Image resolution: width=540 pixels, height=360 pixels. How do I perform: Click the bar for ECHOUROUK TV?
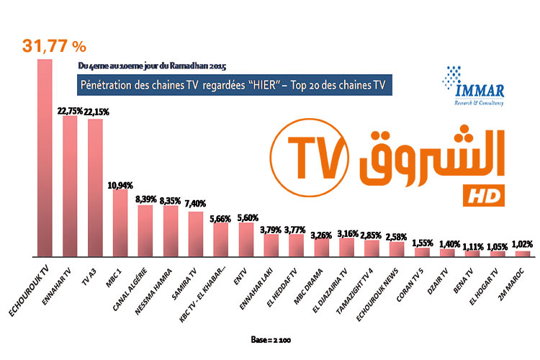[x=45, y=158]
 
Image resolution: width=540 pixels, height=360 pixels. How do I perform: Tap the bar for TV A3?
[x=95, y=187]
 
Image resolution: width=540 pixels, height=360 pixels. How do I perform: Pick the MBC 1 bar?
[x=120, y=222]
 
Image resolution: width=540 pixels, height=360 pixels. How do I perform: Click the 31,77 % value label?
[x=55, y=46]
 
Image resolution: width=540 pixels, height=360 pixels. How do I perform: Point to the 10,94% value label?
[x=121, y=184]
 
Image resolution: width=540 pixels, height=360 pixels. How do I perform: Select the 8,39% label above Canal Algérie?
[x=146, y=199]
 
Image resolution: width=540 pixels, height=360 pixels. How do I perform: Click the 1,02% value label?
[x=521, y=244]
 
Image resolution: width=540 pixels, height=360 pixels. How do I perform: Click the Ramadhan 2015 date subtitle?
[x=146, y=66]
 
